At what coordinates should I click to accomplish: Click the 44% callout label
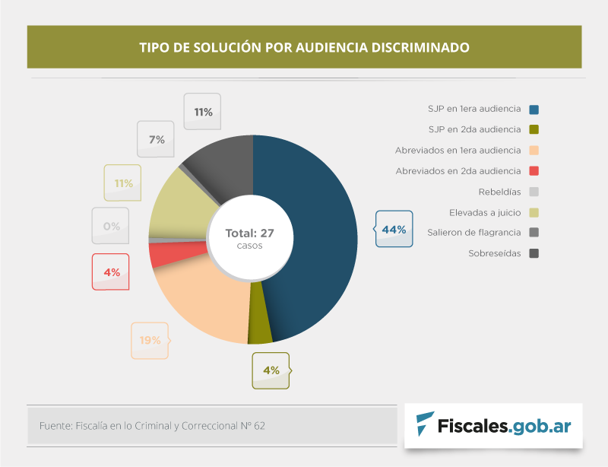[x=394, y=229]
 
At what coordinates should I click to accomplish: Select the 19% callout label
[x=150, y=340]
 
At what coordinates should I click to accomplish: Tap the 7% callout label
[x=157, y=139]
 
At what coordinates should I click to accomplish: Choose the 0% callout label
[x=111, y=226]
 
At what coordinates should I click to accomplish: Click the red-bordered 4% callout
[x=111, y=272]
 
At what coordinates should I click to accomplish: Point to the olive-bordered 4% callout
[x=271, y=370]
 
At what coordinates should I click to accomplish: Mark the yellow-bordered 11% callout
[x=123, y=183]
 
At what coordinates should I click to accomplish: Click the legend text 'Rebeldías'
[x=499, y=192]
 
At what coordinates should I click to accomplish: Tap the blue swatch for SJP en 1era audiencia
[x=534, y=109]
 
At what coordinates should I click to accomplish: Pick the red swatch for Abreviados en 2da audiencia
[x=534, y=171]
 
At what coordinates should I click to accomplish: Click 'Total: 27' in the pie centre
[x=249, y=233]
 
